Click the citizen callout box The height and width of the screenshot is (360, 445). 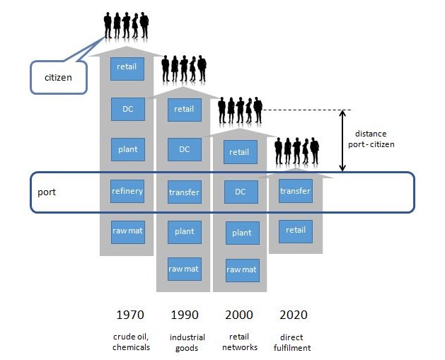pos(59,78)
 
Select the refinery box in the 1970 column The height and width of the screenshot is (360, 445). pos(127,191)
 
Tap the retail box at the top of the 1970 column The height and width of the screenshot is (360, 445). pos(127,69)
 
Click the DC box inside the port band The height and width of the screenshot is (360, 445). pos(241,192)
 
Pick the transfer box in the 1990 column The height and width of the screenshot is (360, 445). pos(185,192)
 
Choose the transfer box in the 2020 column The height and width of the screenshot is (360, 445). pos(296,191)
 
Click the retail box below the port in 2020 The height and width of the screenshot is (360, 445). pos(296,231)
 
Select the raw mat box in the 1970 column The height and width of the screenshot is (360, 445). pos(128,233)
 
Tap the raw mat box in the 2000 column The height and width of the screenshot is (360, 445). pos(243,270)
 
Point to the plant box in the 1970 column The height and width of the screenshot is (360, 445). pos(128,149)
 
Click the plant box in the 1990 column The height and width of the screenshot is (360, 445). pos(185,233)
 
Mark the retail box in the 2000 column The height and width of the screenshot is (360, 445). pos(241,152)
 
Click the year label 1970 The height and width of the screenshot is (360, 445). pos(130,315)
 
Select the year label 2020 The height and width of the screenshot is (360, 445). pos(294,315)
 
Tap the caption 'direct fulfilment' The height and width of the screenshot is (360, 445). pos(292,342)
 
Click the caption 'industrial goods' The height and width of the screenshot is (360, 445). pos(187,342)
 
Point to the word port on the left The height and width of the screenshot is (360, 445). pos(47,192)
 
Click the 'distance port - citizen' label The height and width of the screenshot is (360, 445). pos(371,139)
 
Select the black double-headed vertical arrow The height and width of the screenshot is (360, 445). pos(342,141)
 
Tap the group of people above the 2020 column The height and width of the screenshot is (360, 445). pos(296,151)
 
